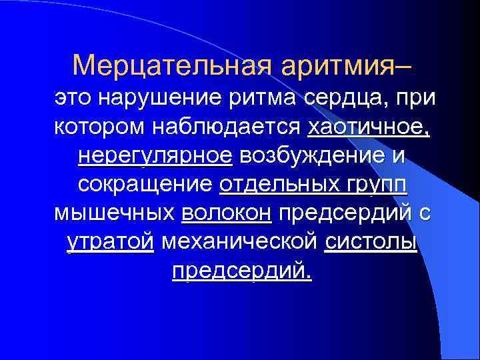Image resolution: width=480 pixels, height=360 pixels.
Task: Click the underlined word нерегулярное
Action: pos(155,155)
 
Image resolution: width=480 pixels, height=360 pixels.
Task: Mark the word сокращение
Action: pos(145,184)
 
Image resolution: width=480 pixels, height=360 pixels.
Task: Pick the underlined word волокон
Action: pos(226,213)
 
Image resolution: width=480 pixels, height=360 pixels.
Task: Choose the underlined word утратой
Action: pos(111,242)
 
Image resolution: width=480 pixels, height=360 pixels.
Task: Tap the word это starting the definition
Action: pos(73,98)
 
